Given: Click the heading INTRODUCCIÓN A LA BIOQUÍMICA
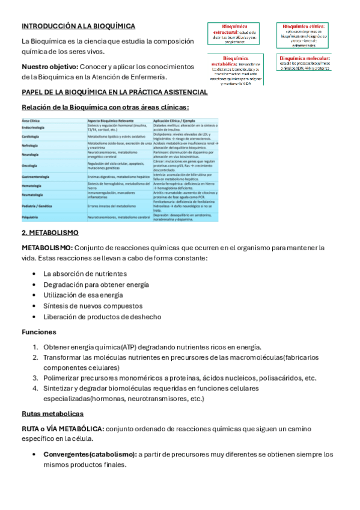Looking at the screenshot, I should click(78, 26).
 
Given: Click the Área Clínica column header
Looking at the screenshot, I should click(31, 121).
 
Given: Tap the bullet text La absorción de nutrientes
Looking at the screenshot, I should click(85, 274).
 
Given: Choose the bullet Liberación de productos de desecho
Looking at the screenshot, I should click(102, 317).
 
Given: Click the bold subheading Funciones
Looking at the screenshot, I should click(39, 331).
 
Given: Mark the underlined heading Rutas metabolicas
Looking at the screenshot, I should click(52, 414).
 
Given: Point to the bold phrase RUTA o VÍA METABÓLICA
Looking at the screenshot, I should click(63, 429).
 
